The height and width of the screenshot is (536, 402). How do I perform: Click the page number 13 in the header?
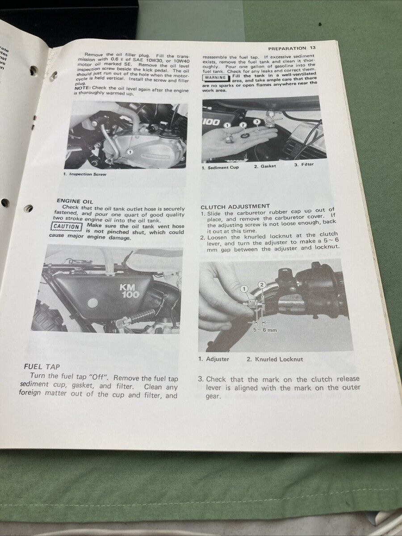(313, 48)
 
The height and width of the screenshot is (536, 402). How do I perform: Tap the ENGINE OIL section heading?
(75, 201)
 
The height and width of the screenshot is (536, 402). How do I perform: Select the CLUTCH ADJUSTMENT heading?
(235, 206)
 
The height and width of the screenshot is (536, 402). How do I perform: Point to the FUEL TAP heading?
(42, 367)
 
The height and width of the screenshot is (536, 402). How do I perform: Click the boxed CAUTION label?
(66, 226)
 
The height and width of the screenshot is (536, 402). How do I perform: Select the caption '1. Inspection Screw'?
(85, 174)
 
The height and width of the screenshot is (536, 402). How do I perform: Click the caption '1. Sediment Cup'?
(220, 167)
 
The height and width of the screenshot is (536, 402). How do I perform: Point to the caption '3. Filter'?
(304, 164)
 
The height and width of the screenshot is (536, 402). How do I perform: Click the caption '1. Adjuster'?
(214, 359)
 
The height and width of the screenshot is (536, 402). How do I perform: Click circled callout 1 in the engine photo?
(130, 152)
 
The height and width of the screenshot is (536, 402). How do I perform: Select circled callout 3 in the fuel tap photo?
(256, 121)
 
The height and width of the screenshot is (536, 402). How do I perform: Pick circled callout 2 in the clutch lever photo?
(262, 285)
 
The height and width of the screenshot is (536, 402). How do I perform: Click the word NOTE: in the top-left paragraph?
(82, 88)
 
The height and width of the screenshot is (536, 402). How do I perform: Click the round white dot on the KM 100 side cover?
(92, 302)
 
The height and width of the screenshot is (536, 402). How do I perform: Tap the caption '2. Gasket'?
(265, 166)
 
